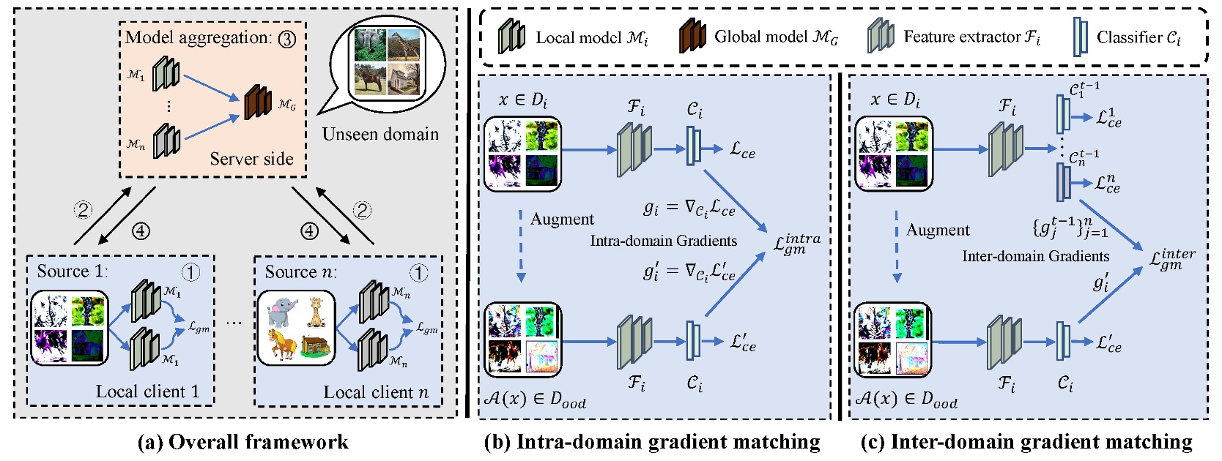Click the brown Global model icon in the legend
pos(692,36)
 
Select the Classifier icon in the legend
pos(1081,37)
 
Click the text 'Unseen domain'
pos(380,134)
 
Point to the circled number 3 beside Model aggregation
pos(286,39)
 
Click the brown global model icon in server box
pos(257,102)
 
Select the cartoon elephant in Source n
pos(281,312)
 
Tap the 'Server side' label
pos(251,159)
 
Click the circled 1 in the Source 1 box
pos(190,272)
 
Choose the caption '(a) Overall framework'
pos(242,442)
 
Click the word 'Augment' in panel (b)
pos(562,219)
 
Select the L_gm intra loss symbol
pos(797,243)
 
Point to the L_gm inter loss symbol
pos(1172,258)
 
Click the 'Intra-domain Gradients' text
pos(663,241)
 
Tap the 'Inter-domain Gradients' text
pos(1035,256)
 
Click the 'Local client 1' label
pos(147,391)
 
